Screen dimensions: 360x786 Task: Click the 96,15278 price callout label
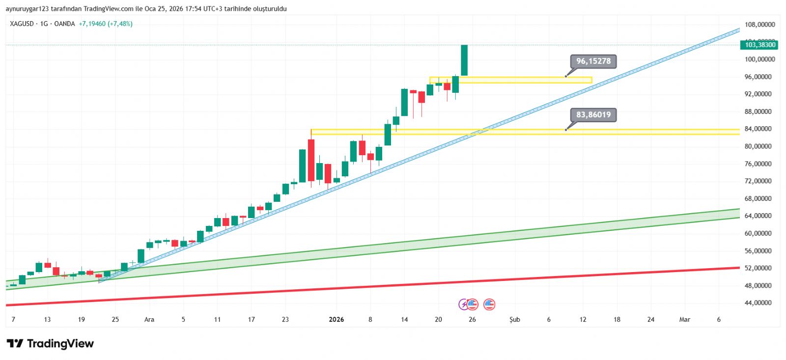(593, 61)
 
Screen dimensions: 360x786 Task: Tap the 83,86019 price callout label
(593, 115)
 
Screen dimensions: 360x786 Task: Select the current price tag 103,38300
(759, 45)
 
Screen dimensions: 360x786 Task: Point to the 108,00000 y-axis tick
(759, 25)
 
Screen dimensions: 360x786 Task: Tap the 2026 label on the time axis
(336, 320)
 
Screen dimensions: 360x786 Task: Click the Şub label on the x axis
(514, 320)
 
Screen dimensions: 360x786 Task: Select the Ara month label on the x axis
(149, 320)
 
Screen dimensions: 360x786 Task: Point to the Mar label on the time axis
(684, 320)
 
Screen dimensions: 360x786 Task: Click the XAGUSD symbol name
(22, 24)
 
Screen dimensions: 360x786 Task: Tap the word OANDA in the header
(64, 24)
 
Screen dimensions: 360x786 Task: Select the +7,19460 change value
(92, 24)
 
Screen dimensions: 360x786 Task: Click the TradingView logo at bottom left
(50, 343)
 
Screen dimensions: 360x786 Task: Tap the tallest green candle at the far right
(464, 60)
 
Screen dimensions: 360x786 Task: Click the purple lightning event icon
(463, 305)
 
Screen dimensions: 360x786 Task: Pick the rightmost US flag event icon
(489, 305)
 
